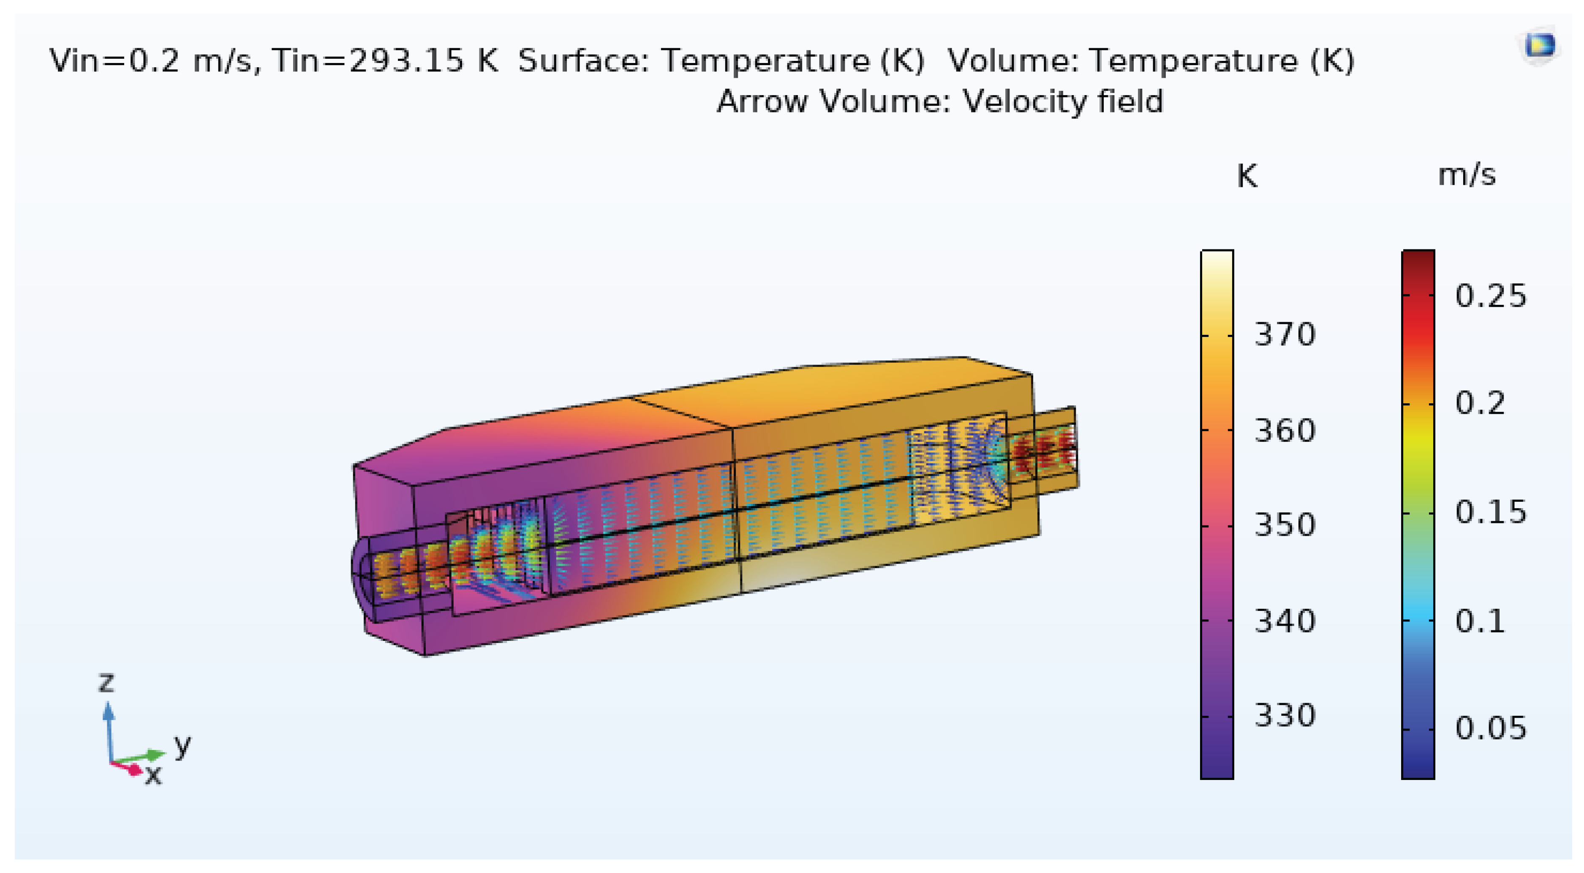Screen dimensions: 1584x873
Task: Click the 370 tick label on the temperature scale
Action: pos(1285,335)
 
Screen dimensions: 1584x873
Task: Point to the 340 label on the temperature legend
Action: pos(1285,621)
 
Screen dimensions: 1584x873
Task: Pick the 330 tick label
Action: pos(1285,715)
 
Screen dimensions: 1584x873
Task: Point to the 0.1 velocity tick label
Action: pos(1480,621)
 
